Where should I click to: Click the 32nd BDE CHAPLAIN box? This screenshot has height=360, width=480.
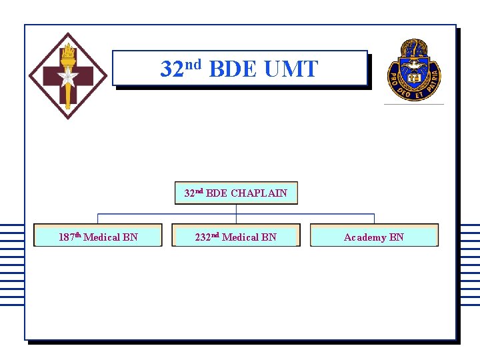tap(236, 193)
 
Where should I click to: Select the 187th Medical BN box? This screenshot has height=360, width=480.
tap(98, 236)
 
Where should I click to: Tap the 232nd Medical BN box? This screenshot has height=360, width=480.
tap(236, 236)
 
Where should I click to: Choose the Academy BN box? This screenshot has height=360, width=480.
tap(374, 236)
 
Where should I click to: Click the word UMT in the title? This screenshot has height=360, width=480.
tap(291, 69)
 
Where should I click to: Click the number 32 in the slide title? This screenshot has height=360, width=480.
tap(171, 69)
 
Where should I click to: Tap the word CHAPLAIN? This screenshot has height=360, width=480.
tap(259, 193)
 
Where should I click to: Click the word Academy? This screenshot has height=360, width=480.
tap(365, 237)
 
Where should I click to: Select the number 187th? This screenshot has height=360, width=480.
tap(69, 237)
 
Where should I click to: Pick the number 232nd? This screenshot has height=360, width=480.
tap(207, 237)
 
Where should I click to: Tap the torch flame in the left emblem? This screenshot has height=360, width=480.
tap(67, 50)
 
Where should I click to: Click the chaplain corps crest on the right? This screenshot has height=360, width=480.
tap(414, 69)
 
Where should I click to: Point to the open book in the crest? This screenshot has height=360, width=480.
tap(413, 78)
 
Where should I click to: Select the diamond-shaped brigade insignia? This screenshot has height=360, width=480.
tap(67, 76)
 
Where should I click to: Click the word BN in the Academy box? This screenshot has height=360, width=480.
tap(397, 237)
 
